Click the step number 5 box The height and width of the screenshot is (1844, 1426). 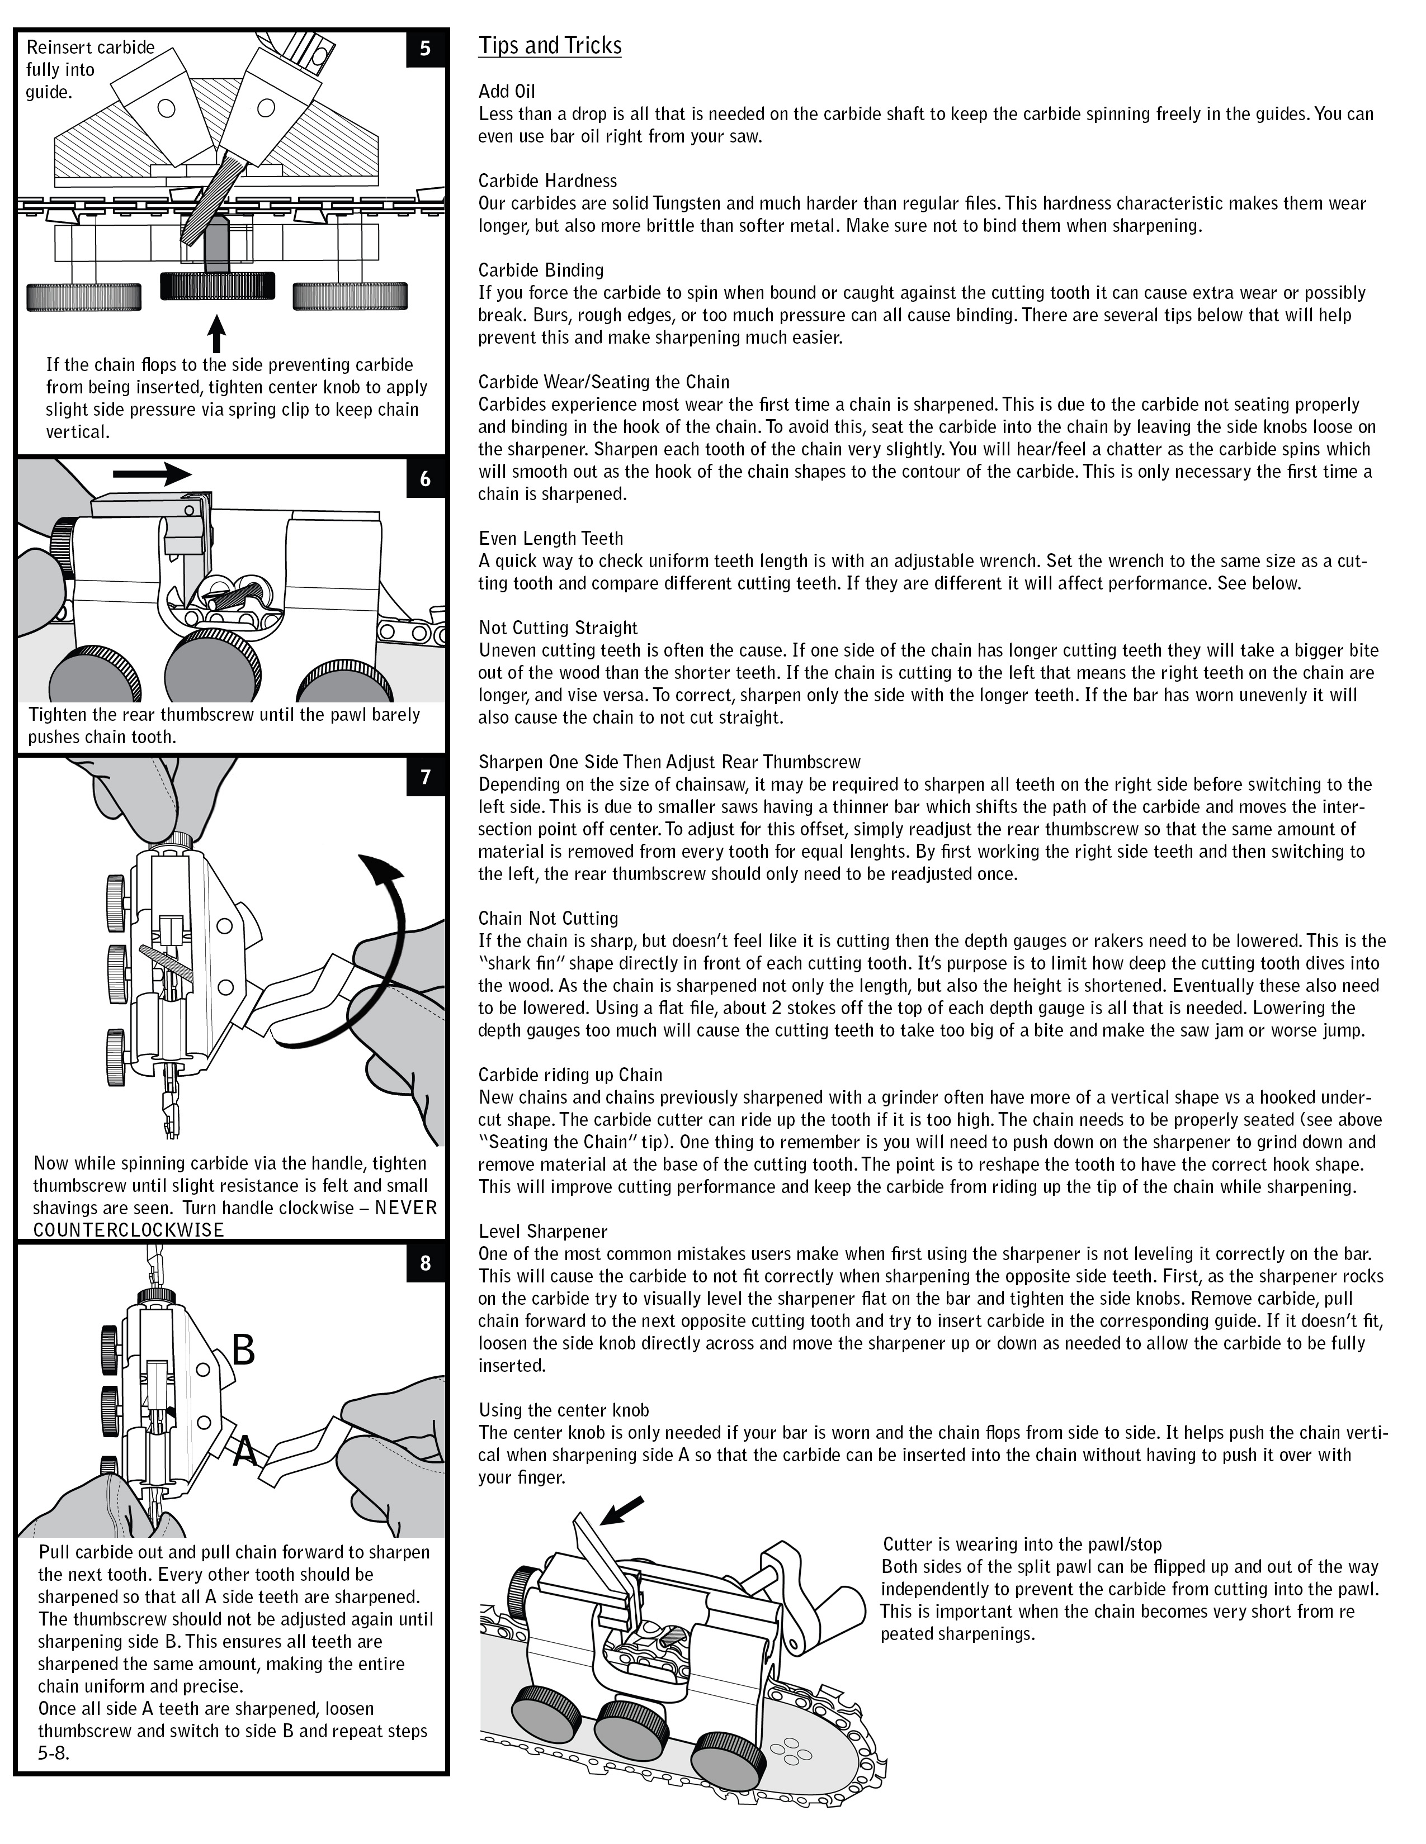click(425, 48)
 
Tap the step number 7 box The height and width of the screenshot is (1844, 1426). click(425, 777)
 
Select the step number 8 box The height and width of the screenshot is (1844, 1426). click(425, 1262)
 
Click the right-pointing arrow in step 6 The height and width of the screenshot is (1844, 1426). click(152, 474)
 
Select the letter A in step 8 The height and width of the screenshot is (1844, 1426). click(245, 1451)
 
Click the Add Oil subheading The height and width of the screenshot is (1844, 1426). click(507, 91)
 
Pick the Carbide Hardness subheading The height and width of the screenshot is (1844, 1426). click(547, 180)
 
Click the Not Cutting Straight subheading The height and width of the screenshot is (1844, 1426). click(558, 628)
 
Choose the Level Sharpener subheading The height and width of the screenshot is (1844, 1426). click(542, 1231)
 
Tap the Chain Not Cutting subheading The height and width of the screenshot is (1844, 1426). click(548, 918)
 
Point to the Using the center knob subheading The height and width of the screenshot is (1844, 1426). click(564, 1410)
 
